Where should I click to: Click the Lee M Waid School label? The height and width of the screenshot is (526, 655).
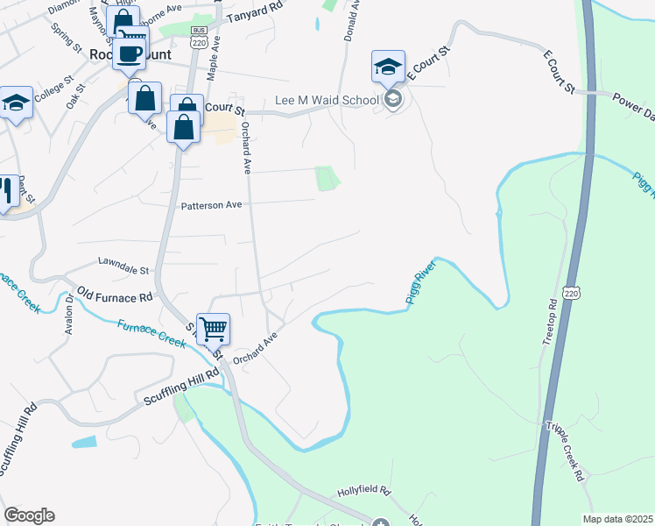coord(326,100)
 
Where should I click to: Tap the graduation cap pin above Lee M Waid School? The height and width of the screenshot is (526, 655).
coord(387,67)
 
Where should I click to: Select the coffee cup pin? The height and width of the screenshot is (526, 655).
coord(130,53)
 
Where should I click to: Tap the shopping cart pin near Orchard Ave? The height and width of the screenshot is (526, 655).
coord(213,331)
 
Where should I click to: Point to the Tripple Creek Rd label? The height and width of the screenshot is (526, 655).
coord(566,451)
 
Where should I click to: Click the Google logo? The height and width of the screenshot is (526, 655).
coord(29,515)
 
